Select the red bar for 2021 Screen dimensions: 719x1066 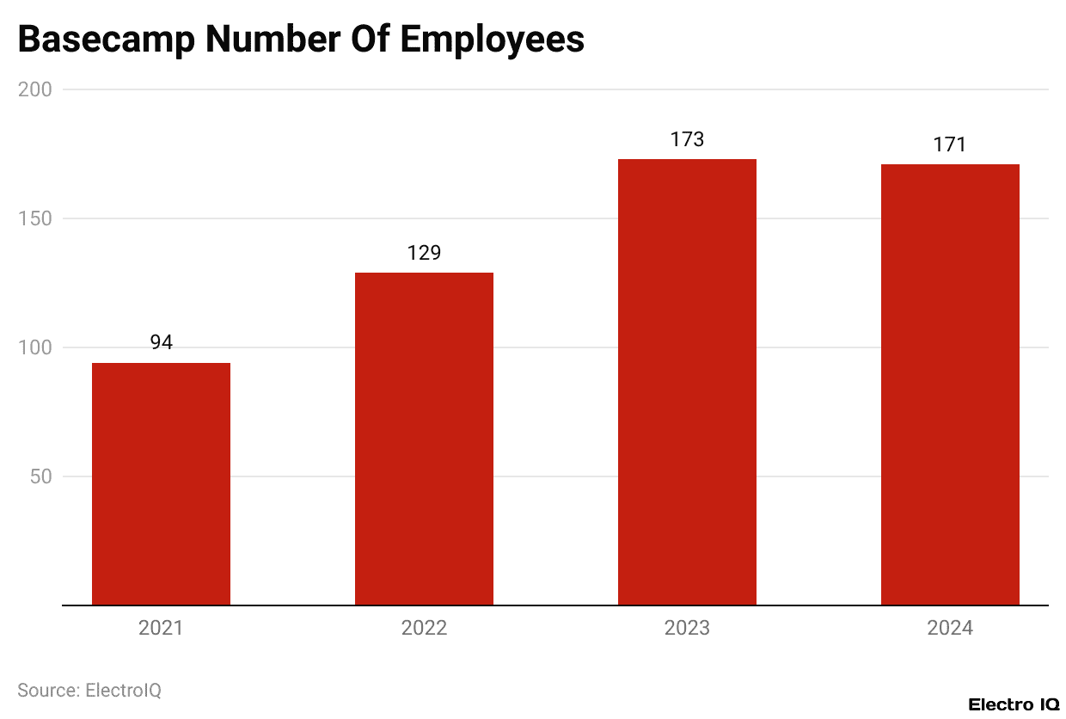click(161, 484)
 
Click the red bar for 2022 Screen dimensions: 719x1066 click(424, 439)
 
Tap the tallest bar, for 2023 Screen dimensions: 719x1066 click(687, 382)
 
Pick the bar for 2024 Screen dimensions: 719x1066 click(950, 384)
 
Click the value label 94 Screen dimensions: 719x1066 click(161, 342)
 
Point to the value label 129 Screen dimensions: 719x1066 click(424, 253)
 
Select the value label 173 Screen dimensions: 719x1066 click(687, 139)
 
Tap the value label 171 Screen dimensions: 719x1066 click(950, 144)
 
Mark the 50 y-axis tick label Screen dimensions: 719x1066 click(40, 476)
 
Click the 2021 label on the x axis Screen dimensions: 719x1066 click(161, 628)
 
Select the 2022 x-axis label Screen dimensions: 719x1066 click(424, 628)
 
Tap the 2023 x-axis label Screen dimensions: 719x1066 click(687, 628)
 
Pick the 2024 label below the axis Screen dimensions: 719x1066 click(950, 628)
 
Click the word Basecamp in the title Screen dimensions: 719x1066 click(105, 40)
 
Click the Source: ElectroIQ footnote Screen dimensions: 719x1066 click(89, 690)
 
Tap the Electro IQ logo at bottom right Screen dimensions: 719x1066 click(1014, 704)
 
